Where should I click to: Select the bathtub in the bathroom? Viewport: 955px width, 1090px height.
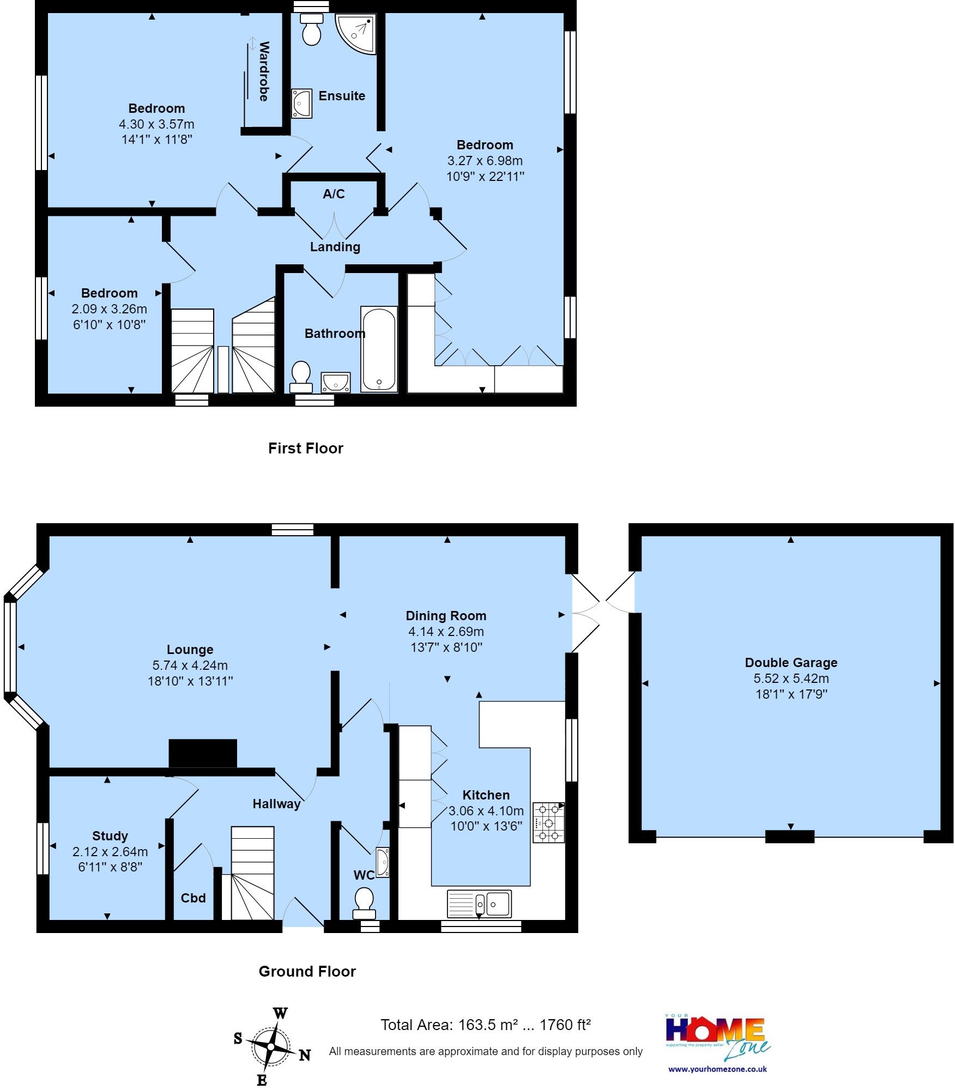379,349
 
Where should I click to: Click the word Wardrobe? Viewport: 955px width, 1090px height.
264,71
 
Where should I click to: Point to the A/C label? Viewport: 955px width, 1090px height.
334,194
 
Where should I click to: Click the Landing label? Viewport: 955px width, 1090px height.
335,247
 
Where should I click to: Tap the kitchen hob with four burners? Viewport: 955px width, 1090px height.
548,822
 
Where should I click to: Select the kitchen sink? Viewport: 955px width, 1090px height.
479,904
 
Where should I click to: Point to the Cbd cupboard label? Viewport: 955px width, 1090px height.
194,898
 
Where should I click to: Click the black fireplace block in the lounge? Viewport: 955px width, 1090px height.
203,753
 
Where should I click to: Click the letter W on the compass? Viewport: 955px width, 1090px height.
280,1014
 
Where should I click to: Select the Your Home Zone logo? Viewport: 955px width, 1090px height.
717,1036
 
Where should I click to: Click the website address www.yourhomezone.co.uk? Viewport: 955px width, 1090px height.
717,1069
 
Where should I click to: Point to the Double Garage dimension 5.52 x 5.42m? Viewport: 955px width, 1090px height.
791,679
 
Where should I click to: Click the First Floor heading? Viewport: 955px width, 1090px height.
305,449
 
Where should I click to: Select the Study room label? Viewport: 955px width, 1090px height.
110,836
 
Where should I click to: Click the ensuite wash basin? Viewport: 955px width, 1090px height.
301,103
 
